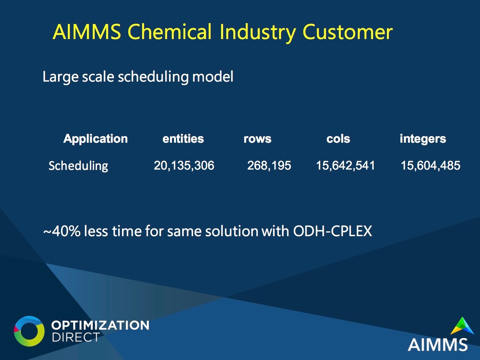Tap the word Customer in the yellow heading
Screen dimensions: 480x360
click(348, 32)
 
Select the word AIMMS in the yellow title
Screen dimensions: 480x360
click(87, 32)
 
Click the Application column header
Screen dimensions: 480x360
click(96, 139)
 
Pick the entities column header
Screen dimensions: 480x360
click(183, 139)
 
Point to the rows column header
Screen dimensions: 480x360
click(258, 139)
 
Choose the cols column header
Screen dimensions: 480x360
click(338, 139)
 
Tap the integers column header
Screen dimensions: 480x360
click(423, 139)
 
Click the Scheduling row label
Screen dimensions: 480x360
click(78, 166)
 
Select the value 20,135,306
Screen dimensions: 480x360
click(184, 165)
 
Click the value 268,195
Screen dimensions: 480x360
click(269, 165)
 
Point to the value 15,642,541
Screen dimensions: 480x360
click(346, 165)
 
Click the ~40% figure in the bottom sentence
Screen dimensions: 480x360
click(62, 231)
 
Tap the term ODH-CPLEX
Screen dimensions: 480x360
click(332, 231)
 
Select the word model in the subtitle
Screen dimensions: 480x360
click(213, 76)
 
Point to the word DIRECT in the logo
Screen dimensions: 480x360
click(76, 337)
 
